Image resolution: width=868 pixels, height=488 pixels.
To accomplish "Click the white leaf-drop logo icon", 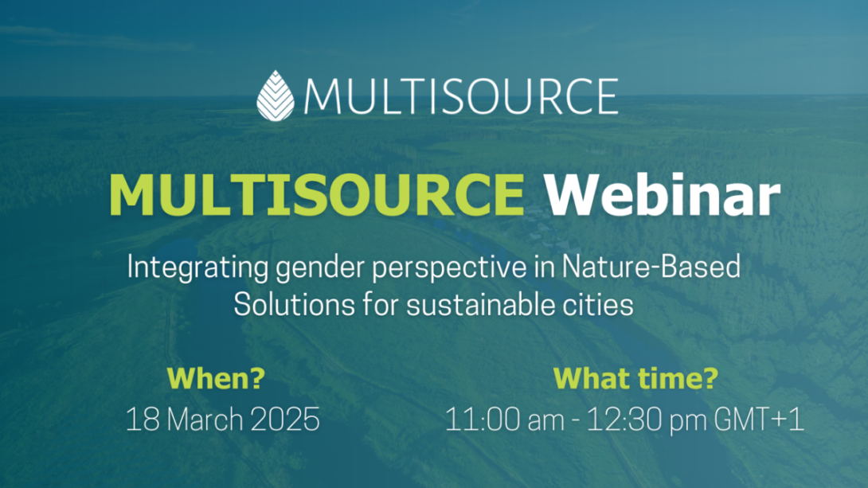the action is (x=275, y=96).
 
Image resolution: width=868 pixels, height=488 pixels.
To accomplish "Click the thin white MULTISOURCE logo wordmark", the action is (x=460, y=96).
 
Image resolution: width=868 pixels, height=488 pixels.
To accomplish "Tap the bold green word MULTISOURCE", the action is (x=317, y=195).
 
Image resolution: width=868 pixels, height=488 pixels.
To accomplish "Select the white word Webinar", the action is (x=662, y=195).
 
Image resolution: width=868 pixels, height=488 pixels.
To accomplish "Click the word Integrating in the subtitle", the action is (x=197, y=267).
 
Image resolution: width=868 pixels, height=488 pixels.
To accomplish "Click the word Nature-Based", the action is (x=651, y=266).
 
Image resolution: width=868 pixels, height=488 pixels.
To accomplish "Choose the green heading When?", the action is (x=216, y=378).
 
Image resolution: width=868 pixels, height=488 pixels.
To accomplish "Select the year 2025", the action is (x=285, y=420).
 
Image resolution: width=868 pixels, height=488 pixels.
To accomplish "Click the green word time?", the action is (x=678, y=378).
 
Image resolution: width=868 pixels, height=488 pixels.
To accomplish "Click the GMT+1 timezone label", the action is (x=758, y=420).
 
